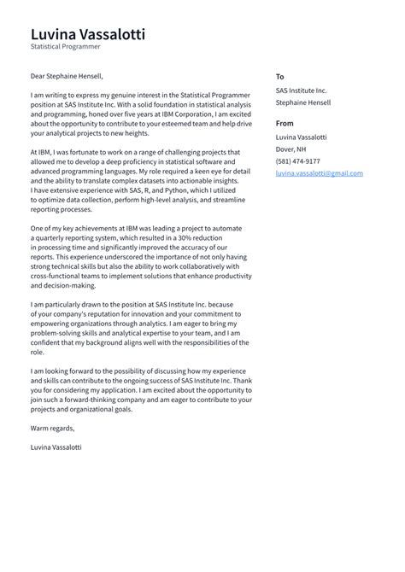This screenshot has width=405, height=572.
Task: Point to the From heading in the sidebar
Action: click(x=285, y=123)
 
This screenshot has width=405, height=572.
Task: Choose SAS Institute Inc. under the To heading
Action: click(x=301, y=90)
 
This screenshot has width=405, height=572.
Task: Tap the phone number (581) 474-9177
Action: click(x=298, y=161)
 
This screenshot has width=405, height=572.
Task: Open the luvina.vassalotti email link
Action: click(x=317, y=172)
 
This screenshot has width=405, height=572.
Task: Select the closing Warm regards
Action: click(x=52, y=429)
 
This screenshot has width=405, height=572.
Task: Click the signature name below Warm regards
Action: click(x=56, y=447)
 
